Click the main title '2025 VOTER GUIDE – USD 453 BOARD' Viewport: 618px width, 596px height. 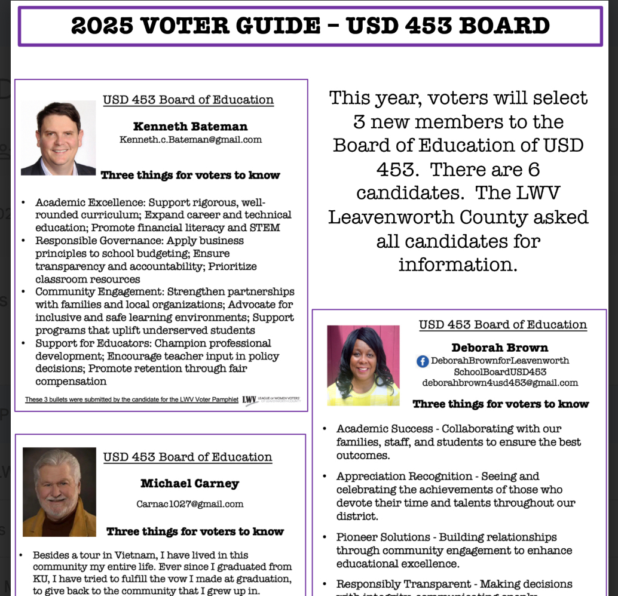(310, 26)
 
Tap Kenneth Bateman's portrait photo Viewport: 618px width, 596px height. (58, 138)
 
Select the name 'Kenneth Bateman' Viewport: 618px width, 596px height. (190, 126)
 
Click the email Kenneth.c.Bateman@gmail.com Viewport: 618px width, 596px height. (190, 140)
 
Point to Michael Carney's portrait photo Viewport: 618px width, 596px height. (59, 491)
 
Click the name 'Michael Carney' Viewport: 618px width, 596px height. (189, 483)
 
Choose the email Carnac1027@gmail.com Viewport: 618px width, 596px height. (189, 503)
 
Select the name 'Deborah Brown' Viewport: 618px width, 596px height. (500, 348)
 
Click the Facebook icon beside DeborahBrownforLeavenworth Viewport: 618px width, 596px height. (423, 361)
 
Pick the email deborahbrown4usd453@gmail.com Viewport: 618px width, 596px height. (500, 383)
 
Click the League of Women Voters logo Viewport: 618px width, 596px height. (273, 399)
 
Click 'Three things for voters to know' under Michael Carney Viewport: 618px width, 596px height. (195, 532)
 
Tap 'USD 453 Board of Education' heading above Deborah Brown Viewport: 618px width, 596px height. (503, 325)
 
